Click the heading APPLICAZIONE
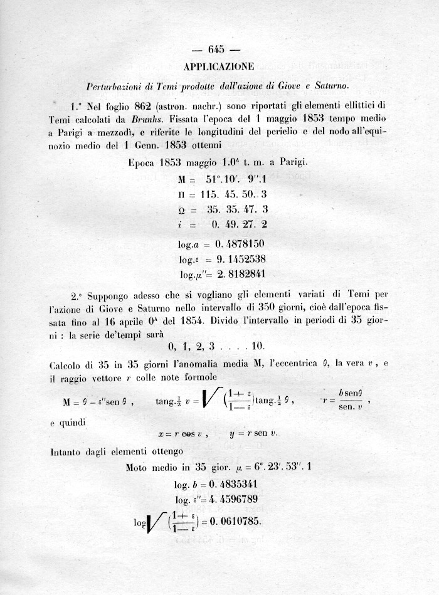219,66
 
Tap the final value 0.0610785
238,522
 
